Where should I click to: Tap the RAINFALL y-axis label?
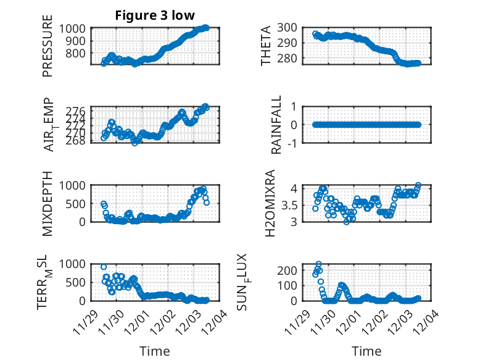pyautogui.click(x=277, y=125)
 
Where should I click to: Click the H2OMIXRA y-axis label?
pyautogui.click(x=270, y=204)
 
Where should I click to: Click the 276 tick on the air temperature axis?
pyautogui.click(x=79, y=110)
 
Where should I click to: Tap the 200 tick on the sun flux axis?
pyautogui.click(x=292, y=270)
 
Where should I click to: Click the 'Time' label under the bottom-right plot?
pyautogui.click(x=366, y=351)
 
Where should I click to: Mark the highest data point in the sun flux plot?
pyautogui.click(x=318, y=264)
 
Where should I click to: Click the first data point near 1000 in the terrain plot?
pyautogui.click(x=104, y=267)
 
